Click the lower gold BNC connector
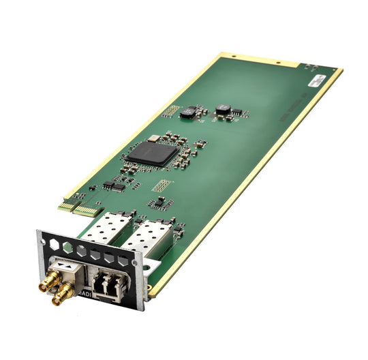coord(63,293)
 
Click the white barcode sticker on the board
coord(316,80)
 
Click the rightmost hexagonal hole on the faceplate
coord(123,260)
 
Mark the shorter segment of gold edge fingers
coord(66,205)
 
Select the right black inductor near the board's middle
coord(224,109)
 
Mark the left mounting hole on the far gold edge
coord(233,57)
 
